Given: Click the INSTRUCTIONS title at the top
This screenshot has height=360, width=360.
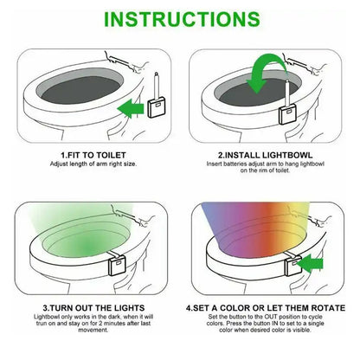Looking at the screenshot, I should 180,18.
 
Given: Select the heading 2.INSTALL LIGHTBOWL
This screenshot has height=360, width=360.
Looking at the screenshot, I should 268,154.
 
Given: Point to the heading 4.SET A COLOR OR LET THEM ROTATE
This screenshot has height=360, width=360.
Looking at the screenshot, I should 268,307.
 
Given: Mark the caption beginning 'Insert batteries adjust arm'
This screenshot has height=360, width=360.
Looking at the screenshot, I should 268,167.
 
